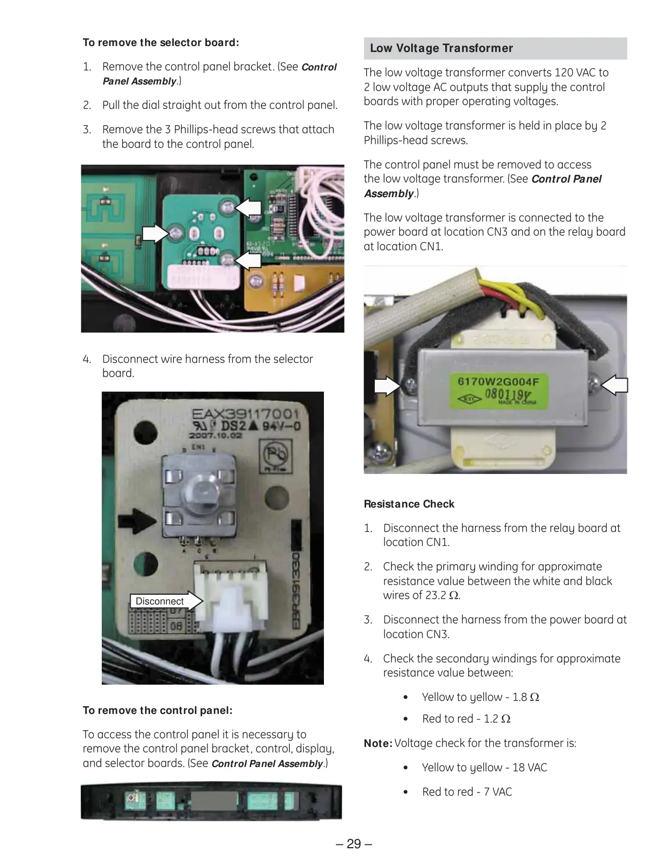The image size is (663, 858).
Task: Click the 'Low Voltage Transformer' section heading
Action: click(x=441, y=48)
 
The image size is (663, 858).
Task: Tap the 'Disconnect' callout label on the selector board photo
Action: click(x=160, y=601)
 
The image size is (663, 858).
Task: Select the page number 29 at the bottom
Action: click(x=354, y=844)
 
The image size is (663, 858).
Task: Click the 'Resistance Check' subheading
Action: click(x=409, y=504)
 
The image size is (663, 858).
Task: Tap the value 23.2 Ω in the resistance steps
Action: click(x=443, y=595)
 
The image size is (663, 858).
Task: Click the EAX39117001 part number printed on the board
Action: click(x=245, y=415)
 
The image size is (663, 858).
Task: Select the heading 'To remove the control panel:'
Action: click(x=158, y=710)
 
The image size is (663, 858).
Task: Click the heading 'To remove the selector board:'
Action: click(x=161, y=42)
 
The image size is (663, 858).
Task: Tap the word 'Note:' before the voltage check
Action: click(x=378, y=743)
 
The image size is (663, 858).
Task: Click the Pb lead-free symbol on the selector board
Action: click(x=275, y=454)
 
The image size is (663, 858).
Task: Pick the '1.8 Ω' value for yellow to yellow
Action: click(x=525, y=697)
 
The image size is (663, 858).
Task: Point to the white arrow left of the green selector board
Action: click(x=155, y=234)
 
